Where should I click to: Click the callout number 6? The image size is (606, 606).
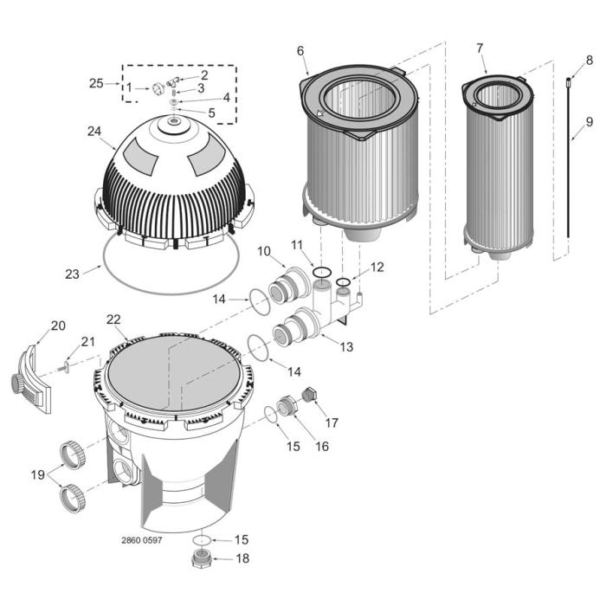(x=300, y=51)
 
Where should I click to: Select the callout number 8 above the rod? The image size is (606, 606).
(x=590, y=60)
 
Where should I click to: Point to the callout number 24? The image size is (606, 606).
(x=94, y=132)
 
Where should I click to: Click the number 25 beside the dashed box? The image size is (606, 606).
(x=96, y=83)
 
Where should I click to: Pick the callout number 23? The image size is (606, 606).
(x=72, y=274)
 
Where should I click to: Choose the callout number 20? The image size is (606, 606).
(x=57, y=326)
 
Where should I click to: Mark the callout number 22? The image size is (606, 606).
(x=113, y=319)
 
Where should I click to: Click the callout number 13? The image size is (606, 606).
(x=346, y=347)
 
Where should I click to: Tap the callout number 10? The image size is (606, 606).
(x=264, y=251)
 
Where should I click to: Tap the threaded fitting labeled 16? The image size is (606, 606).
(x=287, y=406)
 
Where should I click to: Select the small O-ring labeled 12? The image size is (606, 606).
(x=344, y=281)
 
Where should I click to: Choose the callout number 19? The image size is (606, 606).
(x=36, y=474)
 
